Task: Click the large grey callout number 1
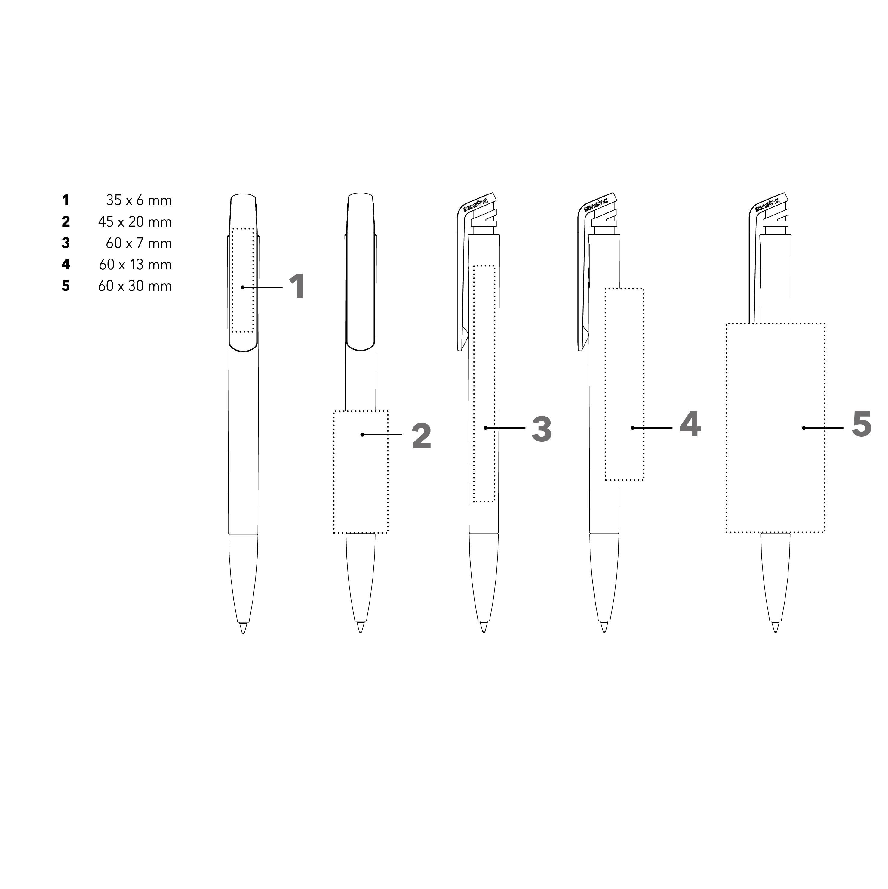(297, 287)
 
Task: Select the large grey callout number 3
(542, 429)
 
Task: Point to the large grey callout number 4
(690, 424)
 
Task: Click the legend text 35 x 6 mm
(139, 200)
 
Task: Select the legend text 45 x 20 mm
(135, 222)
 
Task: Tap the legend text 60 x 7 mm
(139, 243)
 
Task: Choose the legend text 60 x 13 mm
(135, 265)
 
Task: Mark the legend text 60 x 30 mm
(135, 286)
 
